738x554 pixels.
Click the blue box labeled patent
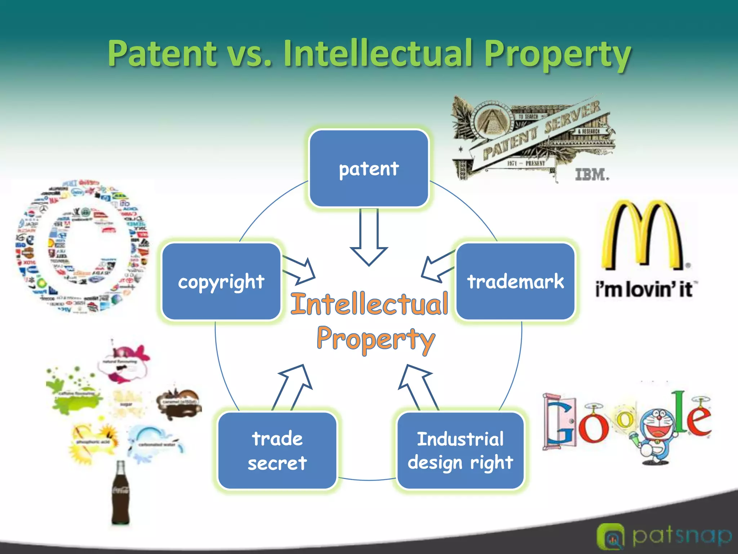[369, 168]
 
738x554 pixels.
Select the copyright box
[221, 281]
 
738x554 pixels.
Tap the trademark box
[515, 281]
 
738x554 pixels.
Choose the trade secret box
[277, 450]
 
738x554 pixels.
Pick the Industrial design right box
[460, 450]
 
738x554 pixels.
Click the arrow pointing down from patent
[369, 238]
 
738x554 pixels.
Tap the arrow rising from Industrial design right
[418, 386]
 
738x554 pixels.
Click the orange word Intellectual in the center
[370, 304]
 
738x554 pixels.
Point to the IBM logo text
[592, 175]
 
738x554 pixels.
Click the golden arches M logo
[642, 234]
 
